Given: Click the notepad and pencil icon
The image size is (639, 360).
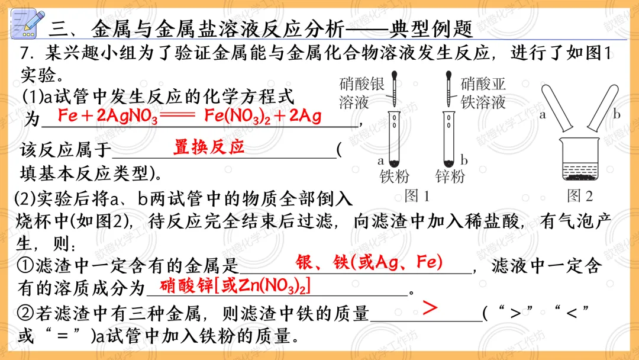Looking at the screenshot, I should pos(27,24).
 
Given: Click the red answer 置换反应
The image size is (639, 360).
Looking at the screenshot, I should pos(209,146).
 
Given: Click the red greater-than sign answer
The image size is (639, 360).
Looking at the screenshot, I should pos(431,308).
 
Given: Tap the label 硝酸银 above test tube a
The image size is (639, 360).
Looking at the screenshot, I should pos(362,83).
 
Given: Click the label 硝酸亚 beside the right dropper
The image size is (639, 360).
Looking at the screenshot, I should pos(483,83).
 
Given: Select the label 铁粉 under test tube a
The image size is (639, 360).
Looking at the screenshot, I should pos(395,176).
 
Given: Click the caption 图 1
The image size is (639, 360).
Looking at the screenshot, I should pos(417,195).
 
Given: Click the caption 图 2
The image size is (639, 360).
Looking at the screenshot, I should pos(580,195).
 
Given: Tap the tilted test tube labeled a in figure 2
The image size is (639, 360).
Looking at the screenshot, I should pos(558,108).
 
